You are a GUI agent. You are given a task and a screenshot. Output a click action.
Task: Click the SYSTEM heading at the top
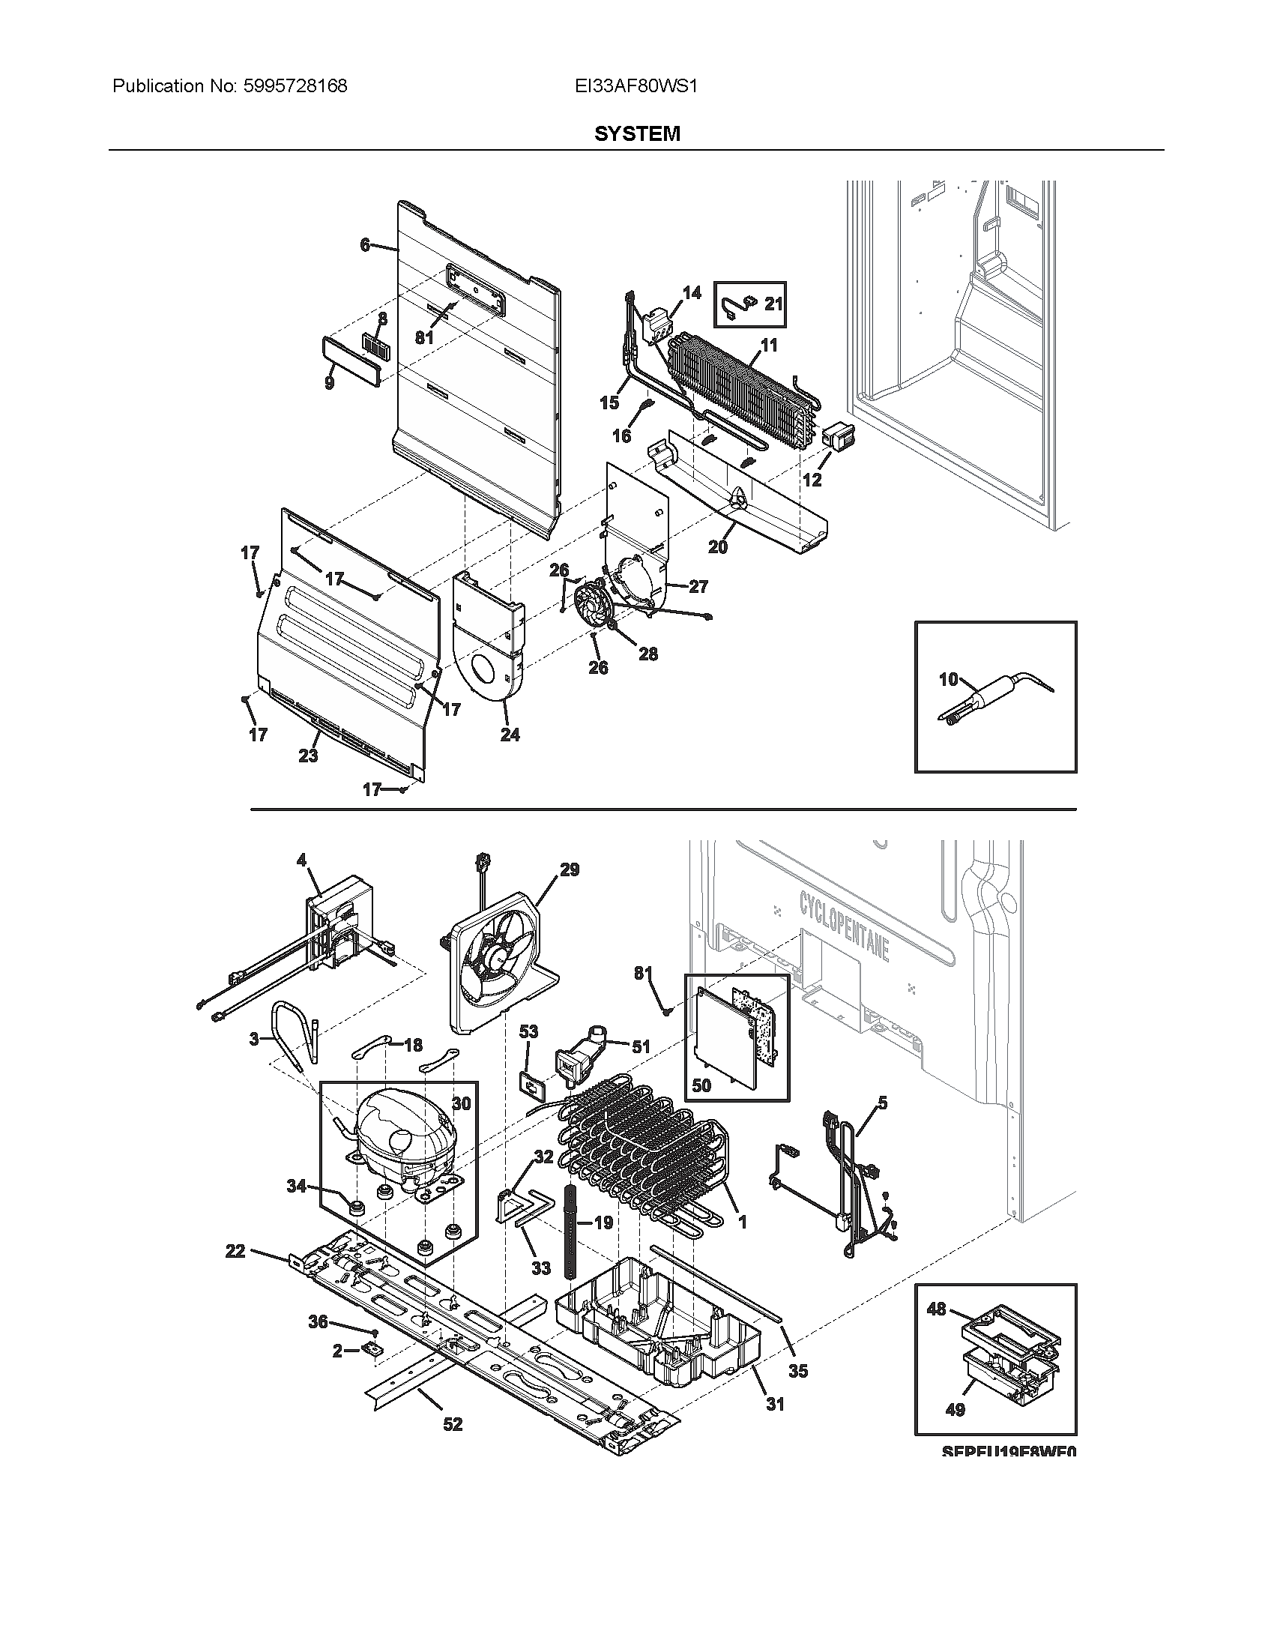[637, 133]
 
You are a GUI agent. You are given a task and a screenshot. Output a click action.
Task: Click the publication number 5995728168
[295, 86]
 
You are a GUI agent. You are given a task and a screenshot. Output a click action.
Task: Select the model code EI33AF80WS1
[636, 86]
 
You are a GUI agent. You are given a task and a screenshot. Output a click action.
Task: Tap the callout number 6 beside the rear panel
[365, 244]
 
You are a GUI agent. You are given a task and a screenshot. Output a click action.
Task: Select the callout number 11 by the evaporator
[769, 346]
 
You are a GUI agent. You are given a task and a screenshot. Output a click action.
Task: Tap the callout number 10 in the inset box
[948, 680]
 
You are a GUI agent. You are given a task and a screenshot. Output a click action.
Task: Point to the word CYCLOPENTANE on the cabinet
[845, 925]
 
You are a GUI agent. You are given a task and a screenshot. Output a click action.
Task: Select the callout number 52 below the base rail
[452, 1424]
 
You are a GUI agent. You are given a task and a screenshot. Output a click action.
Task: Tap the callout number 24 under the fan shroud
[510, 735]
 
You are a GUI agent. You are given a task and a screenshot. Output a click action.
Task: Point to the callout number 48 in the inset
[936, 1309]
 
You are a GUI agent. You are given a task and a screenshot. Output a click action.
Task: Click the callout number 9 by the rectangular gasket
[330, 383]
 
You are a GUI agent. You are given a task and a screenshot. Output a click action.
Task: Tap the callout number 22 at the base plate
[235, 1251]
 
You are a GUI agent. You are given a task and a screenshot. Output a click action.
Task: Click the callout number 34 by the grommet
[297, 1187]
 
